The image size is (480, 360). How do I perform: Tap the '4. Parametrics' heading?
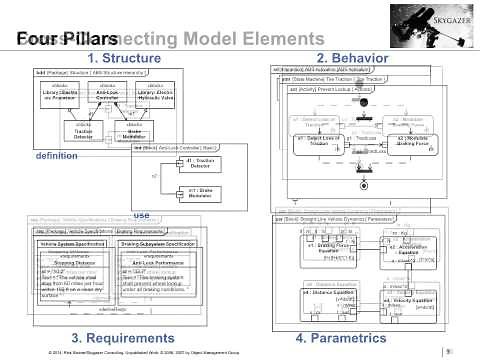pos(344,338)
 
